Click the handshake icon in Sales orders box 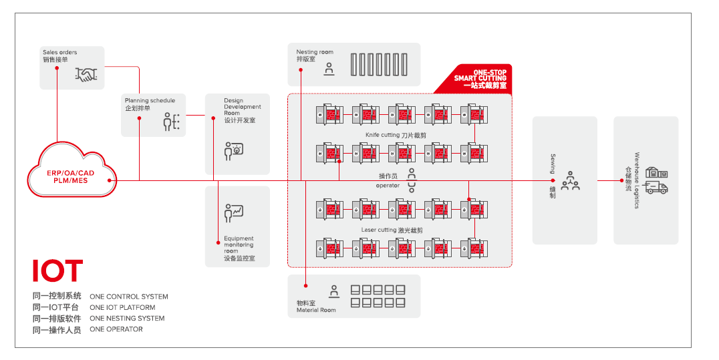(x=87, y=75)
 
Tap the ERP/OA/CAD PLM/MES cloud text (x=71, y=176)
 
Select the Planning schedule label (x=150, y=104)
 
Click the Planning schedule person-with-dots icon (x=171, y=122)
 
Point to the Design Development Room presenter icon (x=233, y=151)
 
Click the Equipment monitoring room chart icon (x=233, y=212)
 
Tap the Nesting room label (x=315, y=55)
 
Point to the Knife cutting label (x=396, y=135)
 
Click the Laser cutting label (x=392, y=230)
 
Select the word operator (x=388, y=186)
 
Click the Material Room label (x=316, y=307)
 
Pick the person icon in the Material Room (x=334, y=291)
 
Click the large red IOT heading (x=57, y=271)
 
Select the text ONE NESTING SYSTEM (x=127, y=319)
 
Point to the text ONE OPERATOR (x=116, y=329)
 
